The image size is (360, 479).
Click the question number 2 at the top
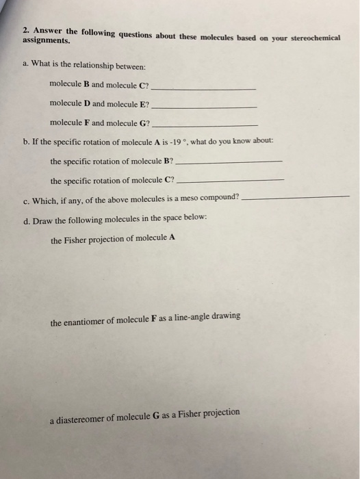point(25,30)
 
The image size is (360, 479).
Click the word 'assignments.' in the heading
point(42,41)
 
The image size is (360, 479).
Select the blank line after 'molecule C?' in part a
point(203,90)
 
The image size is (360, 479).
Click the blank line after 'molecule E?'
point(204,107)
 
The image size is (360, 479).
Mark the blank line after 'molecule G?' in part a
point(205,125)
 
